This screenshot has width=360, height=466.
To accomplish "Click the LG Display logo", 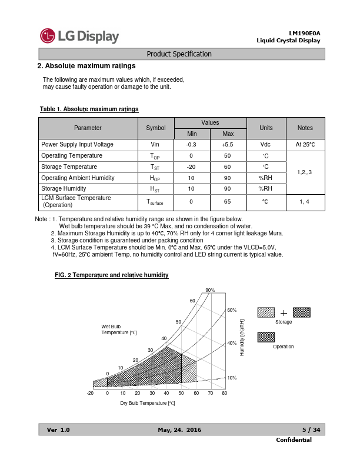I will (79, 36).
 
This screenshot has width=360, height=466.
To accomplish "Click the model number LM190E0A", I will (304, 33).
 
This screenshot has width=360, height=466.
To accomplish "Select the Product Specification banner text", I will (179, 54).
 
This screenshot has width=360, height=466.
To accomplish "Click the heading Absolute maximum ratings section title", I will (86, 66).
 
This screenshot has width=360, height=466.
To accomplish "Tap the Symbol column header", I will (155, 128).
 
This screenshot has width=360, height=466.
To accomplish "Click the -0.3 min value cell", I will (191, 144).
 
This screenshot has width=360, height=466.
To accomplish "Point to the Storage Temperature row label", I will (69, 167).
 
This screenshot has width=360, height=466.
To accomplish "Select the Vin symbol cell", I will (155, 144).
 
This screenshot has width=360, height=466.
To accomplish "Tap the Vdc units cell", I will (265, 144).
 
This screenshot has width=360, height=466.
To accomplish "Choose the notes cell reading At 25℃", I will (305, 144).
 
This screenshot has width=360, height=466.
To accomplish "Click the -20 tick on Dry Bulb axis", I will (90, 393).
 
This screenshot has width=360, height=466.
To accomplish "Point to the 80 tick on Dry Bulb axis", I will (225, 393).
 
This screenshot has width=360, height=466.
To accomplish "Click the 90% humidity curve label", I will (210, 290).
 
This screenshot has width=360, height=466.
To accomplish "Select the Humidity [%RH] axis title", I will (242, 338).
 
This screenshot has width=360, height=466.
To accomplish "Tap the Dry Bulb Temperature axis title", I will (148, 403).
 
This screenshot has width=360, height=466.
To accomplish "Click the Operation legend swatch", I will (266, 337).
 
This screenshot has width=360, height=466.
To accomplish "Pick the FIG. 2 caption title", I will (111, 275).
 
